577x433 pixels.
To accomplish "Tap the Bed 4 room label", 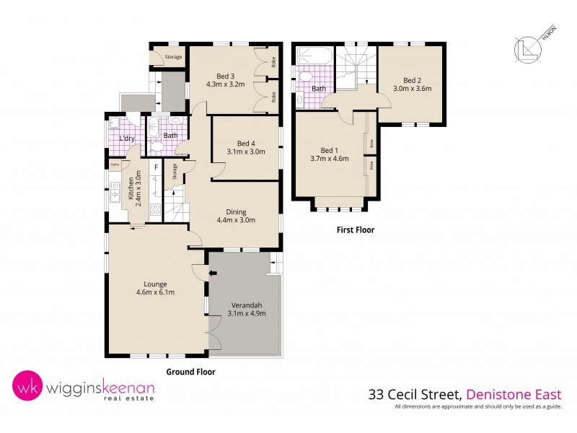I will [x=246, y=142].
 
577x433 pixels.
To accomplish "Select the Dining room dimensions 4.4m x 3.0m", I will [x=236, y=221].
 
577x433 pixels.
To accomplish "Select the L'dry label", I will [x=127, y=137].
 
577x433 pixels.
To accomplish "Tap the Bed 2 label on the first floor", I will [x=411, y=80].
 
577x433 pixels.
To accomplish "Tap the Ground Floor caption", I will [x=190, y=372].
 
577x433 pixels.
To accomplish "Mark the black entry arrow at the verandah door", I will [x=211, y=273].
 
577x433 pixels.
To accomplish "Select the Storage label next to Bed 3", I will [x=173, y=57].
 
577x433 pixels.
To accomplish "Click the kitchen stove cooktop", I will [x=154, y=210].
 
